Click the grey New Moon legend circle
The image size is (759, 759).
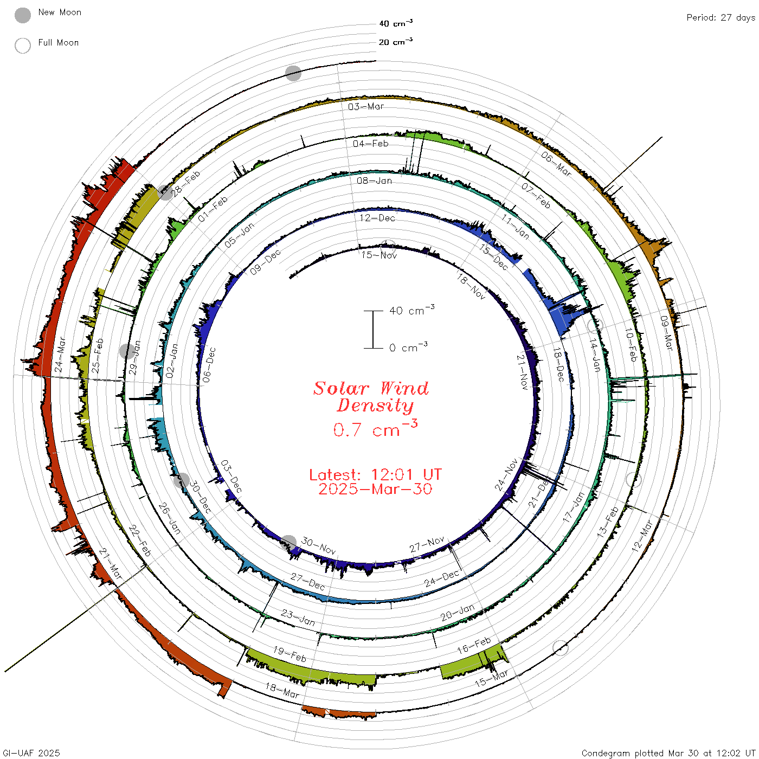tap(22, 15)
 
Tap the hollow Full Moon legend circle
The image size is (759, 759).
tap(22, 46)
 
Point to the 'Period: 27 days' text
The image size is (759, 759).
tap(721, 18)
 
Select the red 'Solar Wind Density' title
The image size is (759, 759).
tap(371, 397)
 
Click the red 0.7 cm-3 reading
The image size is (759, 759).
tap(375, 428)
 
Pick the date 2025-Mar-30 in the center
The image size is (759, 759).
tap(375, 489)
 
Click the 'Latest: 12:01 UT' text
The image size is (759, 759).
tap(375, 474)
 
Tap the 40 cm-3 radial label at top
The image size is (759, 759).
tap(396, 23)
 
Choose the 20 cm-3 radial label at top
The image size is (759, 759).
tap(396, 42)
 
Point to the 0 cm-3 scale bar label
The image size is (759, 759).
tap(408, 347)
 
